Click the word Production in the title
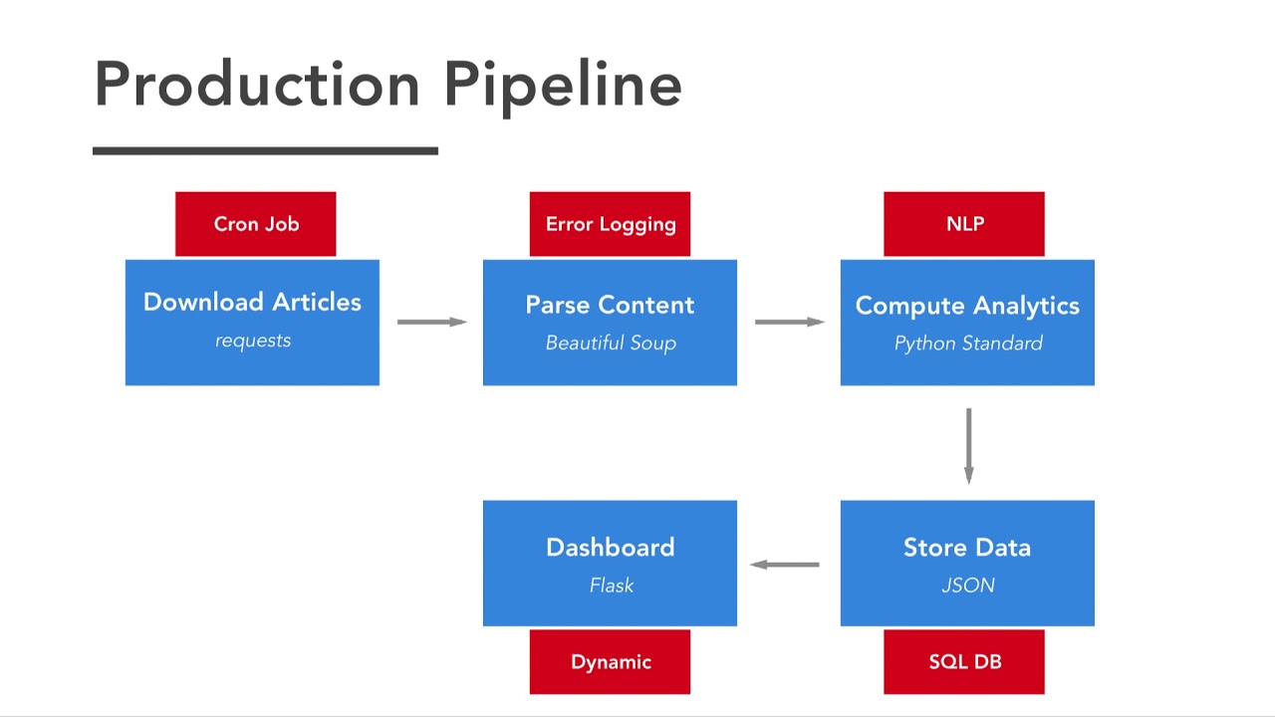(257, 85)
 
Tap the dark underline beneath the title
(265, 151)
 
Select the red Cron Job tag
(256, 224)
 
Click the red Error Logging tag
(610, 224)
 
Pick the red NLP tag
(964, 224)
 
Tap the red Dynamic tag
(610, 662)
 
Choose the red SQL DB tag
(964, 662)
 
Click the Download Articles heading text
(252, 303)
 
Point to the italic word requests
(253, 341)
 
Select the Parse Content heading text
(610, 306)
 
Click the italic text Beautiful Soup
(611, 344)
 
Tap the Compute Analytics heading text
(967, 306)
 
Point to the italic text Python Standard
(968, 344)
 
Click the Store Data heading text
(967, 548)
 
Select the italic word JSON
(967, 586)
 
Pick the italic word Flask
(611, 586)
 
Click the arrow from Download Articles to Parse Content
(431, 322)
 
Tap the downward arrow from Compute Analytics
(968, 445)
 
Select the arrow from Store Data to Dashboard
(785, 565)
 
